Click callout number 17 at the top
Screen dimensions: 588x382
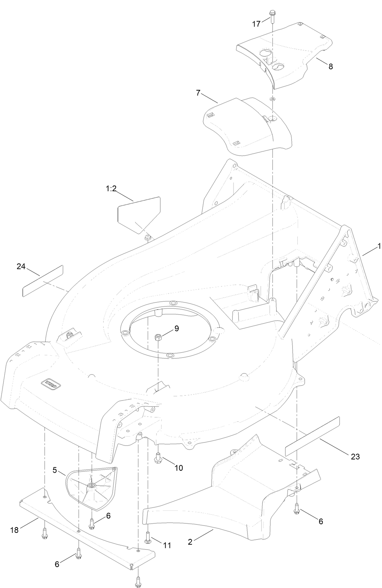256,24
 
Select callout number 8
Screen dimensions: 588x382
330,67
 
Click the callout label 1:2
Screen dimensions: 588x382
111,189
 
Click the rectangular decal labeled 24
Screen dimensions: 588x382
43,281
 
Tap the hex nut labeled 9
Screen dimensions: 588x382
158,337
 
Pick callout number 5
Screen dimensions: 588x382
55,470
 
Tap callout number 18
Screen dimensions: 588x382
14,530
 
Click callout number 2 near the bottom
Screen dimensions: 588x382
190,542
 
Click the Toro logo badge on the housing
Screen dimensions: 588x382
52,383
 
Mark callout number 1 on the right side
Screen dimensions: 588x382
378,246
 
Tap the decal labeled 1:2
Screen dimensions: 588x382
139,214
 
